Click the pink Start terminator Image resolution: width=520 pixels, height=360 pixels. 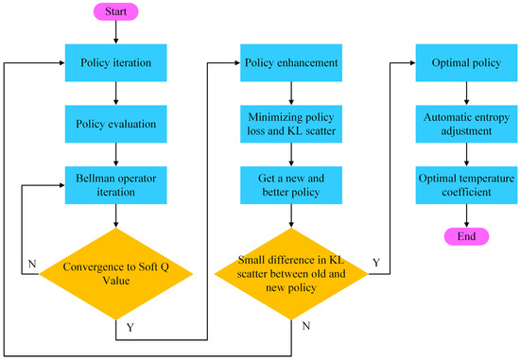pos(114,13)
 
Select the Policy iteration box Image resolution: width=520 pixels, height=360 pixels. pos(114,62)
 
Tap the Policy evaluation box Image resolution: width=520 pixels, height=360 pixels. pos(114,123)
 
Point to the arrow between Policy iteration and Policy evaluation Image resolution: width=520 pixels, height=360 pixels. pos(114,93)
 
